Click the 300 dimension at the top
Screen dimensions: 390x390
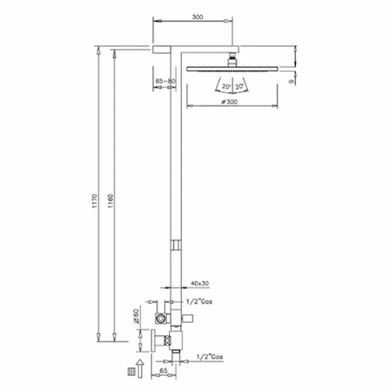point(197,17)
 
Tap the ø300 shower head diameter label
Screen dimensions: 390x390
point(229,102)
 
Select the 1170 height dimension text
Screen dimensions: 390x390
point(94,201)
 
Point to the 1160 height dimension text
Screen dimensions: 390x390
point(110,201)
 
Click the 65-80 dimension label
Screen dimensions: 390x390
point(165,81)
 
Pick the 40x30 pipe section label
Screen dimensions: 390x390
point(200,283)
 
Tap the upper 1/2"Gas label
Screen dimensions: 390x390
point(199,302)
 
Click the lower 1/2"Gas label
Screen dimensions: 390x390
point(210,357)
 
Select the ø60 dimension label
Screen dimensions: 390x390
point(136,316)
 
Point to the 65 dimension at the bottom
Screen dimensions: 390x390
point(163,370)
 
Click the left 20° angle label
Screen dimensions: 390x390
point(227,87)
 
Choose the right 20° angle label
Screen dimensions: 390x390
point(239,87)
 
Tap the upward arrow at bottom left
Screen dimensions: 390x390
point(140,369)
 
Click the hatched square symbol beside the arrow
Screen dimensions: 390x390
point(131,372)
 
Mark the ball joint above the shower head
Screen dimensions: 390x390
point(232,60)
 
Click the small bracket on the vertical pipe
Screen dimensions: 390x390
point(176,245)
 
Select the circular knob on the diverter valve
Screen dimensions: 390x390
point(161,318)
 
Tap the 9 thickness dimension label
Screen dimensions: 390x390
point(291,81)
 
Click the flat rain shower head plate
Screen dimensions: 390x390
point(232,69)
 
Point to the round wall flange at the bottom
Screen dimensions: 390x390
point(153,340)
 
